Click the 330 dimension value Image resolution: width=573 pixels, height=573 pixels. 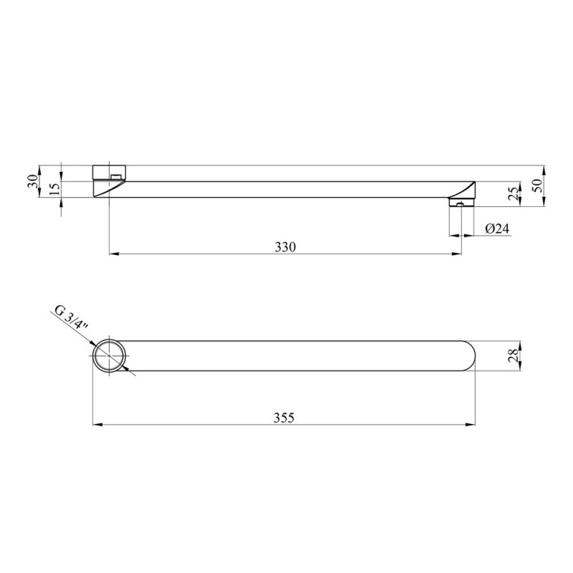tap(285, 247)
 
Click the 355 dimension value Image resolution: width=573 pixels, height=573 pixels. tap(284, 418)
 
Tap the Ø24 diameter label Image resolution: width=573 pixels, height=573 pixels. tap(497, 228)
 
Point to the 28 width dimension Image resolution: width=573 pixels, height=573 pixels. tap(514, 355)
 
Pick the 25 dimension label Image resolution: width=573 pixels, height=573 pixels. tap(514, 193)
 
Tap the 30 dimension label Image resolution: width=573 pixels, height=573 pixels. tap(32, 181)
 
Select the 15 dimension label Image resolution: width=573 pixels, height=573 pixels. tap(54, 188)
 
